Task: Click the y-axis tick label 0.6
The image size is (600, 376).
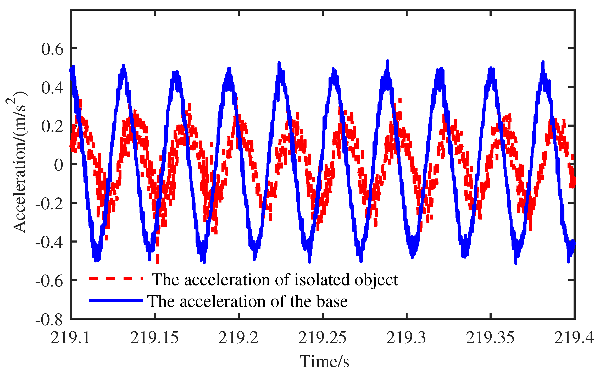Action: click(52, 49)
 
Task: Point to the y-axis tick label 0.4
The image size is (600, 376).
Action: click(52, 87)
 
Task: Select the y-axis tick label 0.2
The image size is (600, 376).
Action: click(52, 126)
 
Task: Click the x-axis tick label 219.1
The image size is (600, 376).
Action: click(70, 337)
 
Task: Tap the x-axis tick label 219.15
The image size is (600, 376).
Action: click(154, 337)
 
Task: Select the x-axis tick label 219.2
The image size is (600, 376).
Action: click(238, 337)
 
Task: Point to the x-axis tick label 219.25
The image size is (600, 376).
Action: click(322, 337)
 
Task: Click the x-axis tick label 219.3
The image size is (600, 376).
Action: click(406, 337)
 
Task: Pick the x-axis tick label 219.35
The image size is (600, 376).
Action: click(490, 337)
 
